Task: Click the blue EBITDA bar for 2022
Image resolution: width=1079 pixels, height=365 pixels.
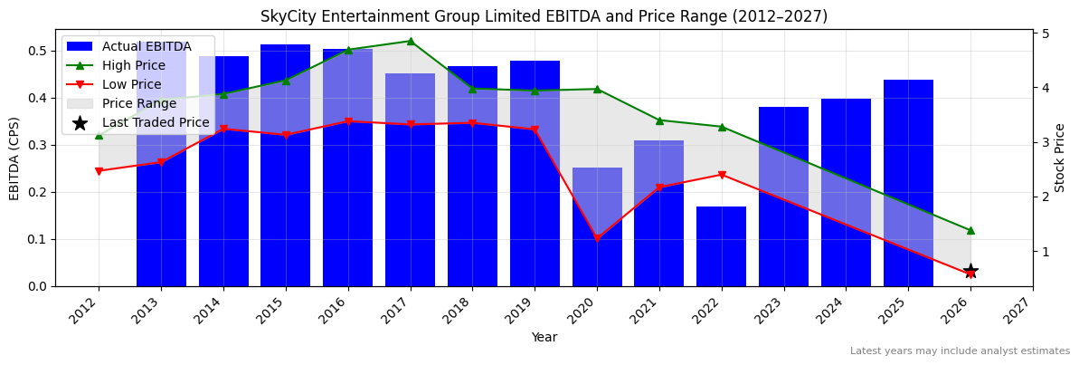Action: (721, 246)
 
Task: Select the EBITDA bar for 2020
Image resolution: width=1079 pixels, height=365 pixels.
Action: (597, 226)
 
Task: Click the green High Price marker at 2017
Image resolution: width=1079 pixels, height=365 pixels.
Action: (410, 41)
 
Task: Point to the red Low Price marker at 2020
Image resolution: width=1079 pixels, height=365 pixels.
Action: (597, 238)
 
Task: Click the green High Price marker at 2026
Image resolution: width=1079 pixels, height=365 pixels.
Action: (970, 230)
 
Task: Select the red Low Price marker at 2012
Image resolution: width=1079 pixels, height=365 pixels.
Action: (99, 171)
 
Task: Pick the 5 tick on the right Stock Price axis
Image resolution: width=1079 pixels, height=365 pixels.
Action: (1045, 34)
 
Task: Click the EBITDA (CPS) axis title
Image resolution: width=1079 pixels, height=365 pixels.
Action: (14, 158)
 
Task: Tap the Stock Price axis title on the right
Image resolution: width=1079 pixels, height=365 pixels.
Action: (1060, 158)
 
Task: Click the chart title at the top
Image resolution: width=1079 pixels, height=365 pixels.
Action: (544, 16)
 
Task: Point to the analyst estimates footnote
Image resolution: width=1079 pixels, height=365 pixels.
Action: (960, 351)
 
